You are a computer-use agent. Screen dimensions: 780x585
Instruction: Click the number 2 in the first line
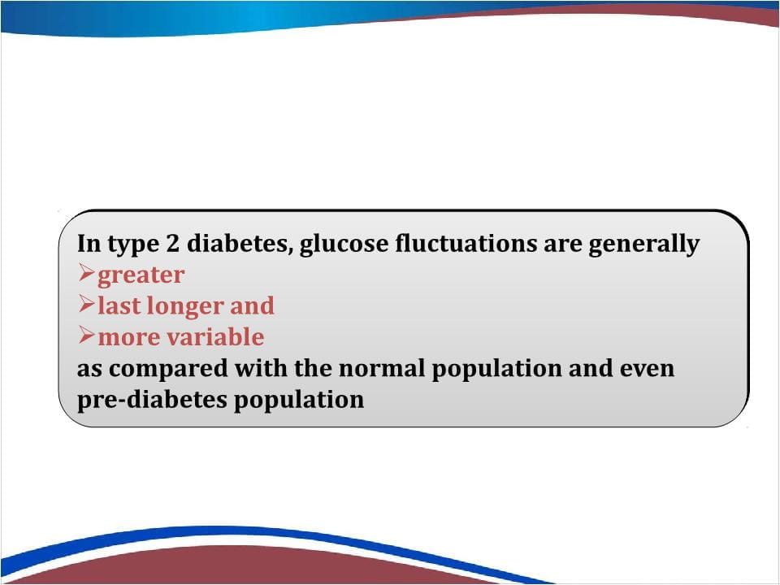(x=172, y=244)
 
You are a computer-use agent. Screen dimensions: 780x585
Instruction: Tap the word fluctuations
(x=466, y=243)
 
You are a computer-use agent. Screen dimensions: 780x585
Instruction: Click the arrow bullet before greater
(x=87, y=273)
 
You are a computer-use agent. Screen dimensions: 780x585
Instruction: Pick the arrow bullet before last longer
(x=87, y=304)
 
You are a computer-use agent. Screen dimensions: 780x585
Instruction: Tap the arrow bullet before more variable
(x=87, y=336)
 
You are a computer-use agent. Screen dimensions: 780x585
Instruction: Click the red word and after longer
(x=252, y=305)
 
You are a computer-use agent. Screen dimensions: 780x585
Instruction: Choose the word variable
(x=215, y=336)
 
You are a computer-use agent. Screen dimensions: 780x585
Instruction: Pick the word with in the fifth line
(x=261, y=368)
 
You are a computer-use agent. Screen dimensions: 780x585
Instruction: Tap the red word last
(x=122, y=305)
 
